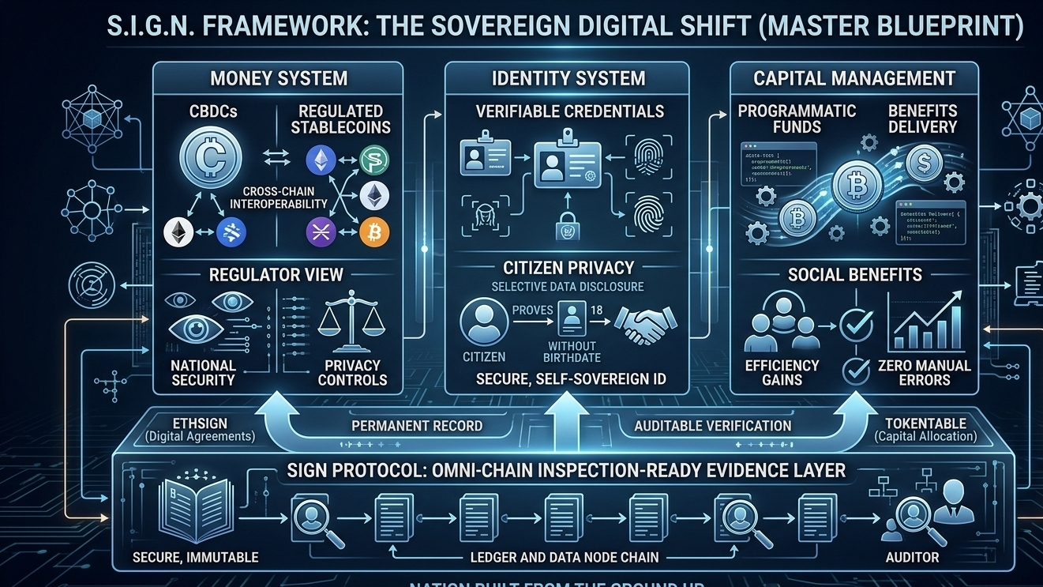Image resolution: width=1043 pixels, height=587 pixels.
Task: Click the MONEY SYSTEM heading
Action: click(x=279, y=78)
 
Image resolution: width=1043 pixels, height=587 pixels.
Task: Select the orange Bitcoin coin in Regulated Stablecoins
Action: click(x=374, y=231)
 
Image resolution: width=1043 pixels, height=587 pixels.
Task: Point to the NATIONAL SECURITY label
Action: click(x=204, y=372)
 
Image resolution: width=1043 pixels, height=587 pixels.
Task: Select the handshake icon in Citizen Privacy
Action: click(x=641, y=326)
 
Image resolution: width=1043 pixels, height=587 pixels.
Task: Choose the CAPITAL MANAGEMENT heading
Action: click(x=854, y=78)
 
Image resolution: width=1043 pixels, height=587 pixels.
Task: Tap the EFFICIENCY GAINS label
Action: click(x=782, y=372)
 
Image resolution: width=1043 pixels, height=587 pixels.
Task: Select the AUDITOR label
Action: click(x=914, y=557)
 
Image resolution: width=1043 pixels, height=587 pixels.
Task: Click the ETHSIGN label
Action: click(x=201, y=422)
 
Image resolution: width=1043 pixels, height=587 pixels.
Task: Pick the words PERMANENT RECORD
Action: click(x=417, y=426)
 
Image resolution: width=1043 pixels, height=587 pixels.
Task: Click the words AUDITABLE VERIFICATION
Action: click(x=713, y=426)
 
